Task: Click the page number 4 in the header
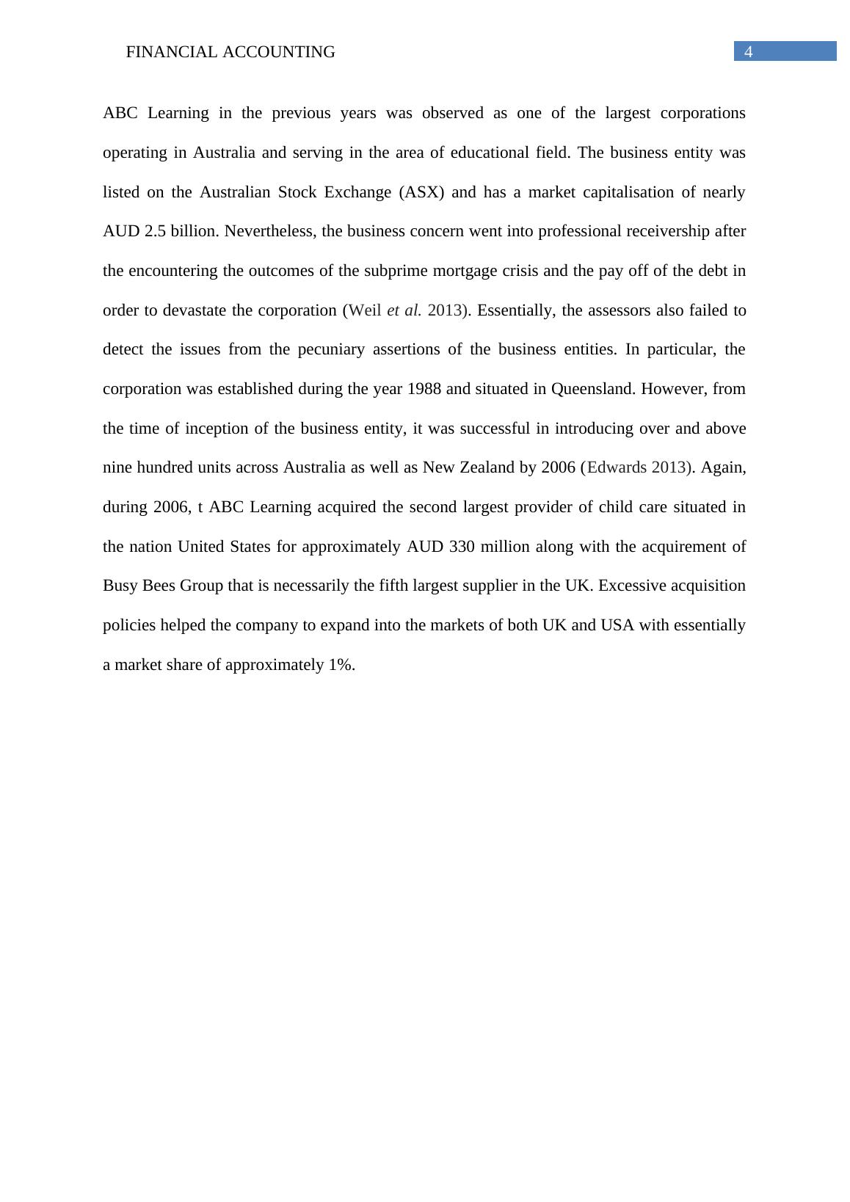coord(749,51)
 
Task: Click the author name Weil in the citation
coord(365,310)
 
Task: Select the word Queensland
coord(592,389)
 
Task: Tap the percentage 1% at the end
coord(341,665)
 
